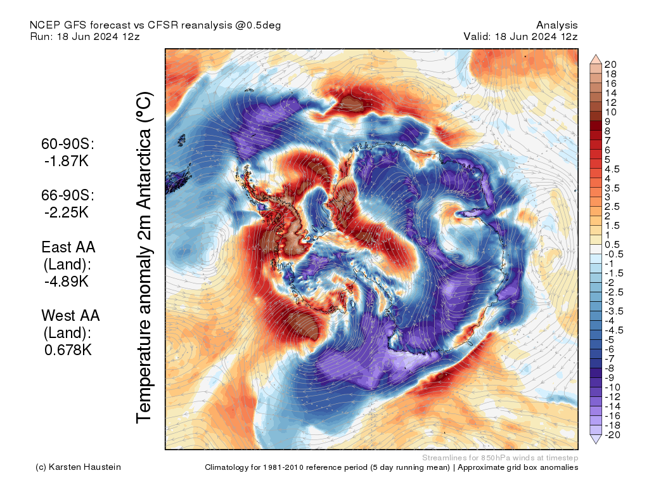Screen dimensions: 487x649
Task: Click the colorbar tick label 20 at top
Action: coord(611,65)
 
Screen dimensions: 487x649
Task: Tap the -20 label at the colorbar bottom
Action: coord(613,434)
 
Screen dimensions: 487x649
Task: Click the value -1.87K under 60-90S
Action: coord(66,161)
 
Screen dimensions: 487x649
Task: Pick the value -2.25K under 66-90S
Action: coord(66,212)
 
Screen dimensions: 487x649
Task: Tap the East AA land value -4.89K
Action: coord(66,281)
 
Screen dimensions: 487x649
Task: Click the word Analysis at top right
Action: coord(556,25)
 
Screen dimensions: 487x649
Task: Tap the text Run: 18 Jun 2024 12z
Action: coord(85,37)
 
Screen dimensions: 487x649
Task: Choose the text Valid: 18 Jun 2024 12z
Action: coord(520,37)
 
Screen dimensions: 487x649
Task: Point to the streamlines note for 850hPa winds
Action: coord(499,457)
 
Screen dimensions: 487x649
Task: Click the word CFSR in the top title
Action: coord(164,25)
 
